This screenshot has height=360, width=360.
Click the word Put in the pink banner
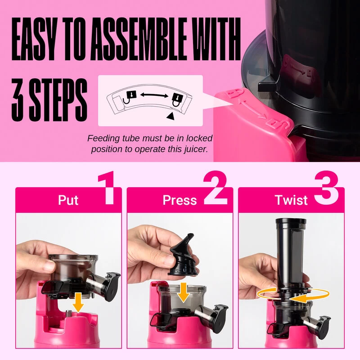[68, 200]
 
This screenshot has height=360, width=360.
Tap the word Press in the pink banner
[180, 200]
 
